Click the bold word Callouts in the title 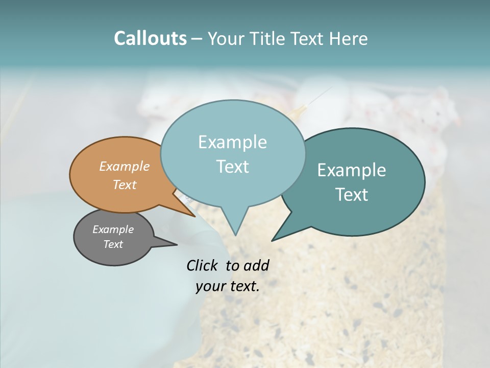tap(150, 38)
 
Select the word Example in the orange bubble tap(125, 166)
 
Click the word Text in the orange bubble tap(125, 185)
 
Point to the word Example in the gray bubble tap(113, 229)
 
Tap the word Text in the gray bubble tap(113, 244)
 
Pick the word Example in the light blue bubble tap(232, 142)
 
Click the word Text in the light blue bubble tap(232, 167)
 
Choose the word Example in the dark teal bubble tap(352, 170)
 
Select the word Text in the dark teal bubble tap(352, 194)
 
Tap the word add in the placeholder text tap(256, 265)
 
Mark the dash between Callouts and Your tap(197, 39)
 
